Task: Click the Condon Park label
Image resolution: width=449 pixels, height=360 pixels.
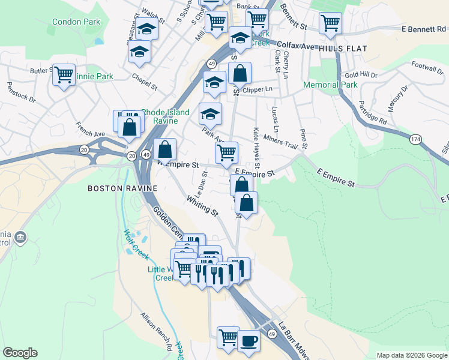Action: tap(76, 22)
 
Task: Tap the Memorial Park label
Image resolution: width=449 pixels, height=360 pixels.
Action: tap(330, 85)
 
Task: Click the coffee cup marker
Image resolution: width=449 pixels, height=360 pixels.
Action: tap(249, 341)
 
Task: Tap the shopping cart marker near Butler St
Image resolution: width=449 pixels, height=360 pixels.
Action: tap(64, 75)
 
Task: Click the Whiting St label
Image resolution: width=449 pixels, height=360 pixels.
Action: tap(202, 205)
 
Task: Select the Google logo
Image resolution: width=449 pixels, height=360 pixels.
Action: tap(20, 353)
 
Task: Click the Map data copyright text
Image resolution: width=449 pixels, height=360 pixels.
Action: tap(412, 355)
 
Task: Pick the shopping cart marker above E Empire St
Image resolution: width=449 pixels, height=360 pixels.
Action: tap(226, 153)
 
